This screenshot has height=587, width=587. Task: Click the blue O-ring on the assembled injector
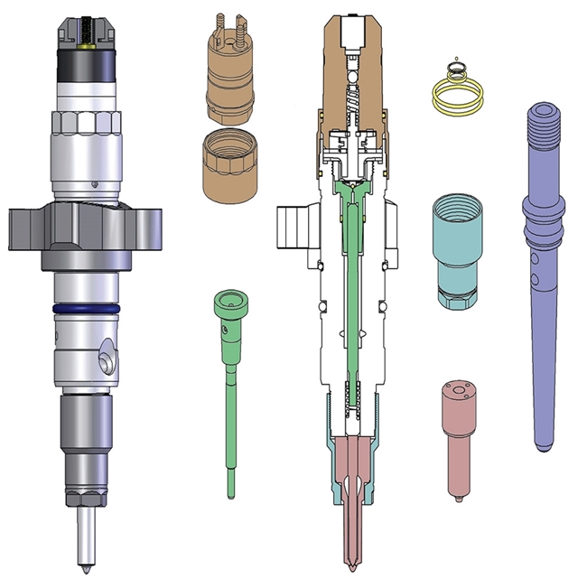coord(87,308)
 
